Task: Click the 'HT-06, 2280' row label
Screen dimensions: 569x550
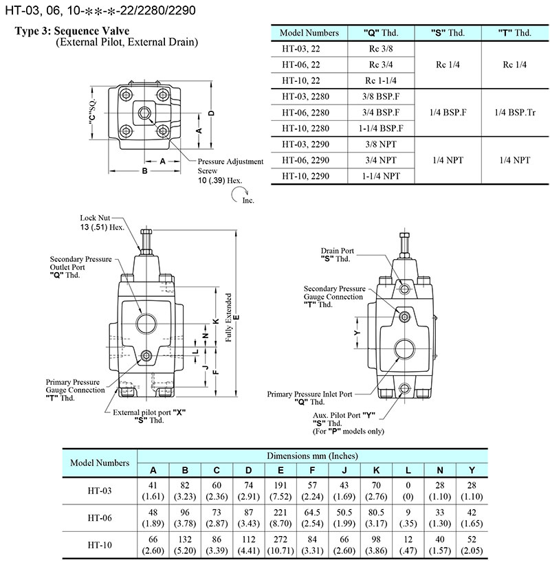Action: pos(305,112)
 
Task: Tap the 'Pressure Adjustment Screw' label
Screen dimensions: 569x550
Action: pos(230,166)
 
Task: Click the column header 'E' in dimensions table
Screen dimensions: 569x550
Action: pos(280,470)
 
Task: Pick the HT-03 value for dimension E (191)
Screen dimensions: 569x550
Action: pos(280,491)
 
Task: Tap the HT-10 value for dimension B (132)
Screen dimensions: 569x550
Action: pos(185,547)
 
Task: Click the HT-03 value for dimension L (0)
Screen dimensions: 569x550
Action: pos(407,491)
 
